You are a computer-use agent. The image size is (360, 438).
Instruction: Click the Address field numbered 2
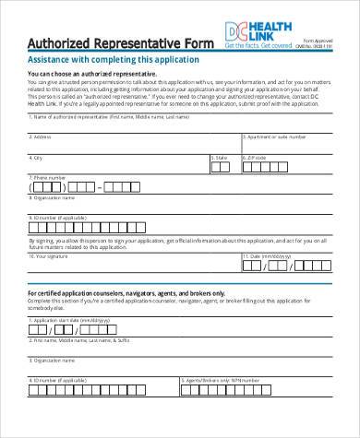[133, 145]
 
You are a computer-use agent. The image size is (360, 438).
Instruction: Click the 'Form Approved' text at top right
[319, 41]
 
